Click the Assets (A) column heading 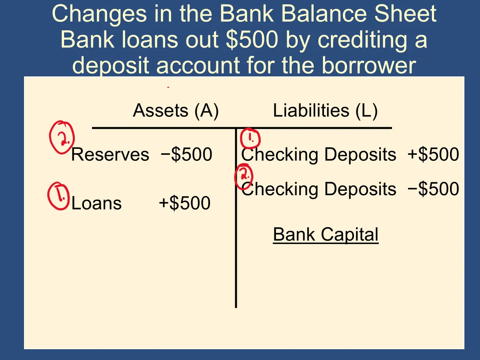[176, 111]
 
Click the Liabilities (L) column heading [325, 111]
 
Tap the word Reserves [110, 154]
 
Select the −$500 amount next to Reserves [186, 154]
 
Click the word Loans [96, 203]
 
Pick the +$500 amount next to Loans [184, 203]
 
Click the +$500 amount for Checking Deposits [433, 154]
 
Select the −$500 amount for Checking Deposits [433, 189]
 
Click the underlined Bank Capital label [326, 234]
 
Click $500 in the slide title [252, 40]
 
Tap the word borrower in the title [369, 65]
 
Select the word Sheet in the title [406, 14]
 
